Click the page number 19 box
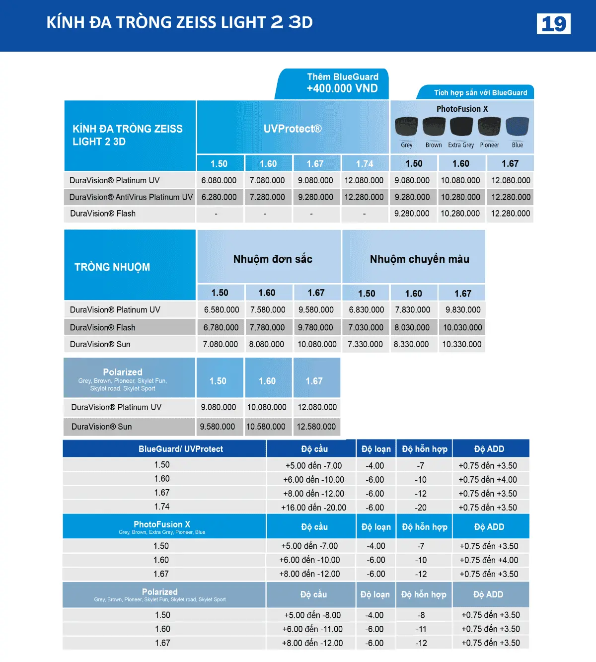click(x=553, y=24)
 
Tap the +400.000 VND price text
click(x=342, y=88)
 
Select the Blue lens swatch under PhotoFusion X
click(x=517, y=127)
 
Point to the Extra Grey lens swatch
click(x=461, y=127)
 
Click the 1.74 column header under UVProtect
click(x=365, y=163)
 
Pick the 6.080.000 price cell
click(x=219, y=180)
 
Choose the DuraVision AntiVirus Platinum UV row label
click(x=131, y=197)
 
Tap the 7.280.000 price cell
click(x=267, y=197)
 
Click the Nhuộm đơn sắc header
click(x=273, y=259)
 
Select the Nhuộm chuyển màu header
click(x=419, y=259)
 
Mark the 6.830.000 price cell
click(x=366, y=309)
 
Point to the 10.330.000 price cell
click(x=462, y=344)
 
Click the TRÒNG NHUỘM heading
click(x=112, y=267)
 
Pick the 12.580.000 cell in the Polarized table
click(x=316, y=427)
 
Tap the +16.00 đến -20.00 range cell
click(x=313, y=508)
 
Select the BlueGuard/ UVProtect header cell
click(x=181, y=449)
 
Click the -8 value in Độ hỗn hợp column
click(x=421, y=615)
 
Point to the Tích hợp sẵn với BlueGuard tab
click(x=480, y=93)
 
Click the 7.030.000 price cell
click(x=366, y=327)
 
